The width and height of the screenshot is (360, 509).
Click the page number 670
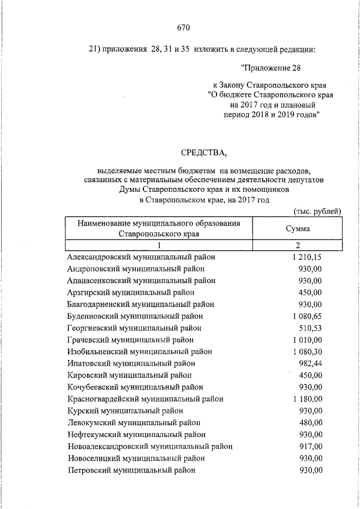(x=183, y=27)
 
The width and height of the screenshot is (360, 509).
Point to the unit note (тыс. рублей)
(x=318, y=210)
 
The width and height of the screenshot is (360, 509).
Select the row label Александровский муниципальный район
(x=141, y=256)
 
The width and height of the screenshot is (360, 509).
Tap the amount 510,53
(x=310, y=328)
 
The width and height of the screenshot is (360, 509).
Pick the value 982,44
(x=310, y=363)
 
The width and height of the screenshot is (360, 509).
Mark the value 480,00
(x=310, y=422)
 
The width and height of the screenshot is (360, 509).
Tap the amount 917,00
(x=310, y=446)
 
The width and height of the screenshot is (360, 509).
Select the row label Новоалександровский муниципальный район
(x=150, y=446)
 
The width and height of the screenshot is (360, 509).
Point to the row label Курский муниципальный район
(x=124, y=411)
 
